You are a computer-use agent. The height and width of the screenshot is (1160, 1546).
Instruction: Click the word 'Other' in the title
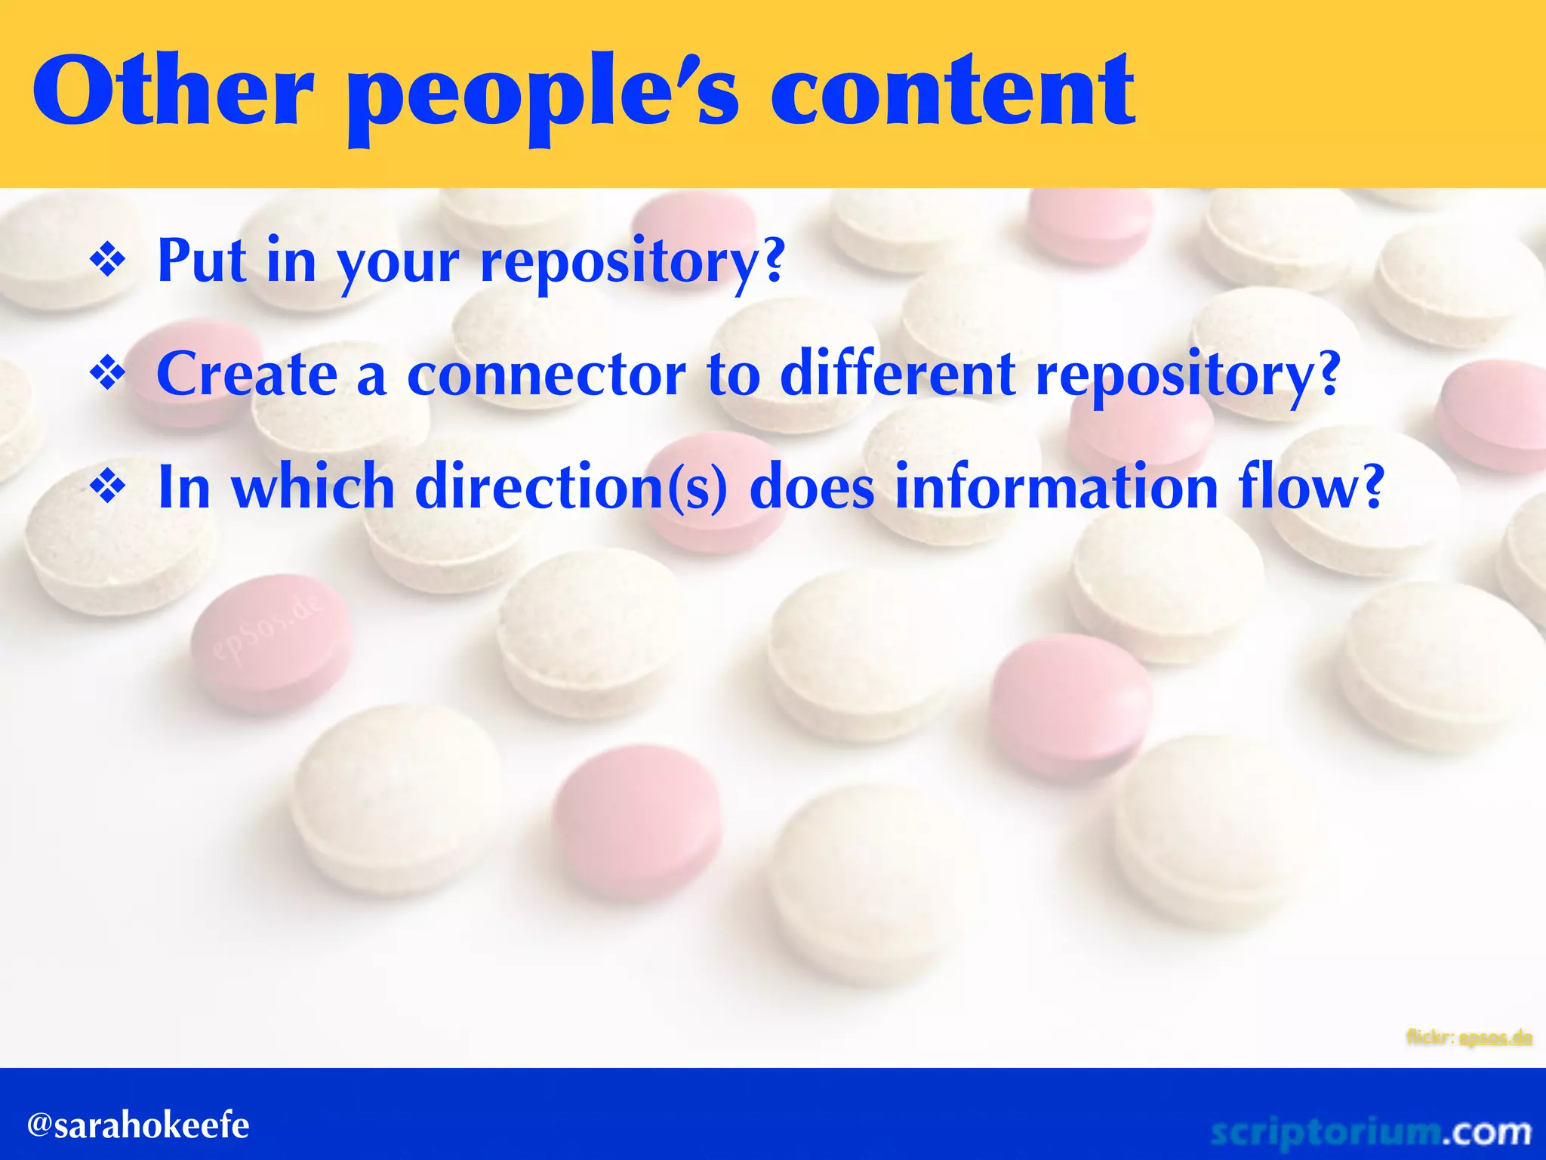click(172, 92)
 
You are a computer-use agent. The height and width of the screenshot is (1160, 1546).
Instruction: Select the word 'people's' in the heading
click(542, 98)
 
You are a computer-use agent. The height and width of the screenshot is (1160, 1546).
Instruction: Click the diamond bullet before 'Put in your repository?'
click(108, 261)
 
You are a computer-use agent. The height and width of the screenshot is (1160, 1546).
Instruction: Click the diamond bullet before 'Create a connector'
click(108, 374)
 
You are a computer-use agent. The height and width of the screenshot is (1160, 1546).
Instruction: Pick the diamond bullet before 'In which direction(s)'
click(108, 487)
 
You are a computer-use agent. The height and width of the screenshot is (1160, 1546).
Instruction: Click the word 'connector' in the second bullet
click(546, 375)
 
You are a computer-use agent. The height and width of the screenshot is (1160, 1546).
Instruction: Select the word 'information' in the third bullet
click(1057, 487)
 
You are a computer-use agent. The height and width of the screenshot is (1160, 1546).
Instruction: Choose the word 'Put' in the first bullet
click(202, 261)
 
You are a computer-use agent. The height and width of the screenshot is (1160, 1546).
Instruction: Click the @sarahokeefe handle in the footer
click(138, 1125)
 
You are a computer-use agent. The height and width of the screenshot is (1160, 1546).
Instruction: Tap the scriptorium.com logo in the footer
click(1370, 1131)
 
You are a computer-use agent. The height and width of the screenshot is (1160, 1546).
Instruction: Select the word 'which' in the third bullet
click(313, 487)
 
